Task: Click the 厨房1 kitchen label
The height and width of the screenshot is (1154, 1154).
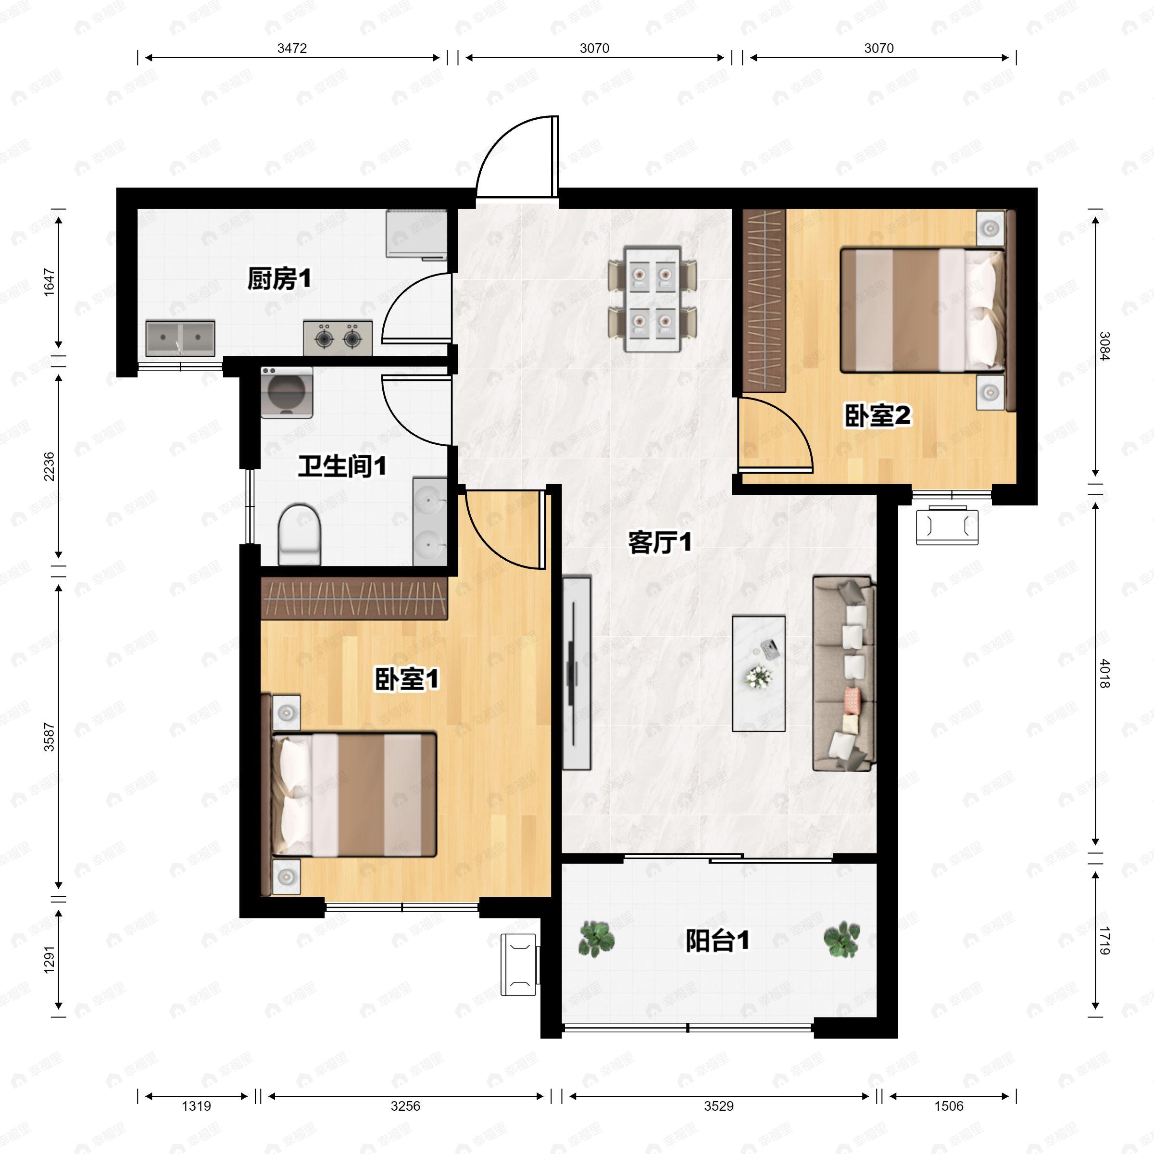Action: (279, 279)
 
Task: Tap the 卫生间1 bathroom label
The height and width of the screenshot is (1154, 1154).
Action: (342, 466)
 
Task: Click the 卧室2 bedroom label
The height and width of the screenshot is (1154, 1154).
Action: (878, 416)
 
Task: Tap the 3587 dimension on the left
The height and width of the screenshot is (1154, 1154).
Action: (49, 737)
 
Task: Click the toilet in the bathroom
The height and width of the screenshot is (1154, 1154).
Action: (300, 535)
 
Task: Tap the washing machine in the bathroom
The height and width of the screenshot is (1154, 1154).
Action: (287, 392)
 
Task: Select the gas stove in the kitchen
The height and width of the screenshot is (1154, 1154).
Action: (338, 338)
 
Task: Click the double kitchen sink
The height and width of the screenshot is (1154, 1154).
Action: (180, 339)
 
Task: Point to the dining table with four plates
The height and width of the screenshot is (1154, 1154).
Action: (652, 299)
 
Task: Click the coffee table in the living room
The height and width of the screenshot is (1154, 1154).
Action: (759, 673)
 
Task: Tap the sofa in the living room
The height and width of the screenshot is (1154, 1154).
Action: (844, 674)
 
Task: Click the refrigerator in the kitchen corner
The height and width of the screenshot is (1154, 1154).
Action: (416, 234)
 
